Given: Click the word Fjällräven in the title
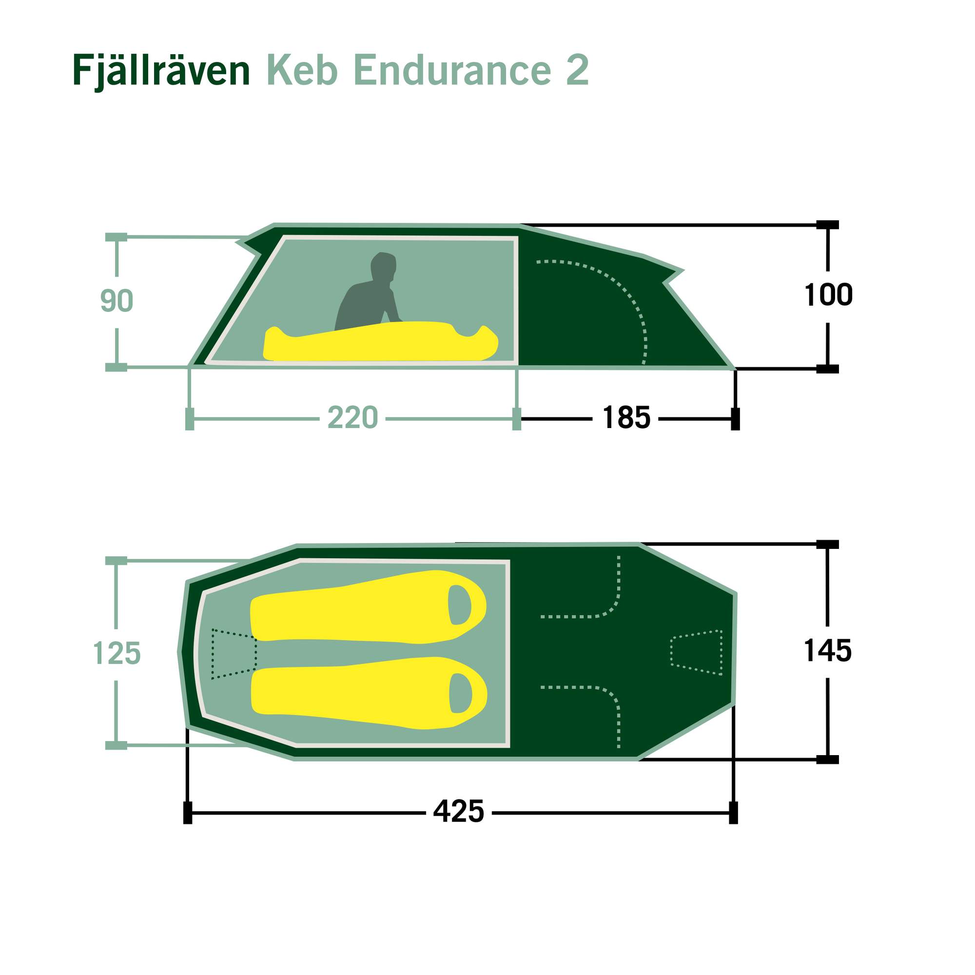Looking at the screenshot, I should click(161, 71).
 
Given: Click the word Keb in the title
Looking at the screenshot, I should click(302, 70).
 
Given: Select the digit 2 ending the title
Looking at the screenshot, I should click(577, 70).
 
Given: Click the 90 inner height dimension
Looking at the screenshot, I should click(117, 301).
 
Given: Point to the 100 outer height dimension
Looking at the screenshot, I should click(828, 295).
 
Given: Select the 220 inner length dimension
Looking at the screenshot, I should click(352, 418).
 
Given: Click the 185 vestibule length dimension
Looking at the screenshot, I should click(626, 418).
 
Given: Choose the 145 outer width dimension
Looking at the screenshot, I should click(827, 650).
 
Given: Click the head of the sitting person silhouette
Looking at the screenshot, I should click(384, 266).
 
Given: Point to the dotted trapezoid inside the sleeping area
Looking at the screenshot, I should click(234, 654).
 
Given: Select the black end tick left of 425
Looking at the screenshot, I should click(188, 813).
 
